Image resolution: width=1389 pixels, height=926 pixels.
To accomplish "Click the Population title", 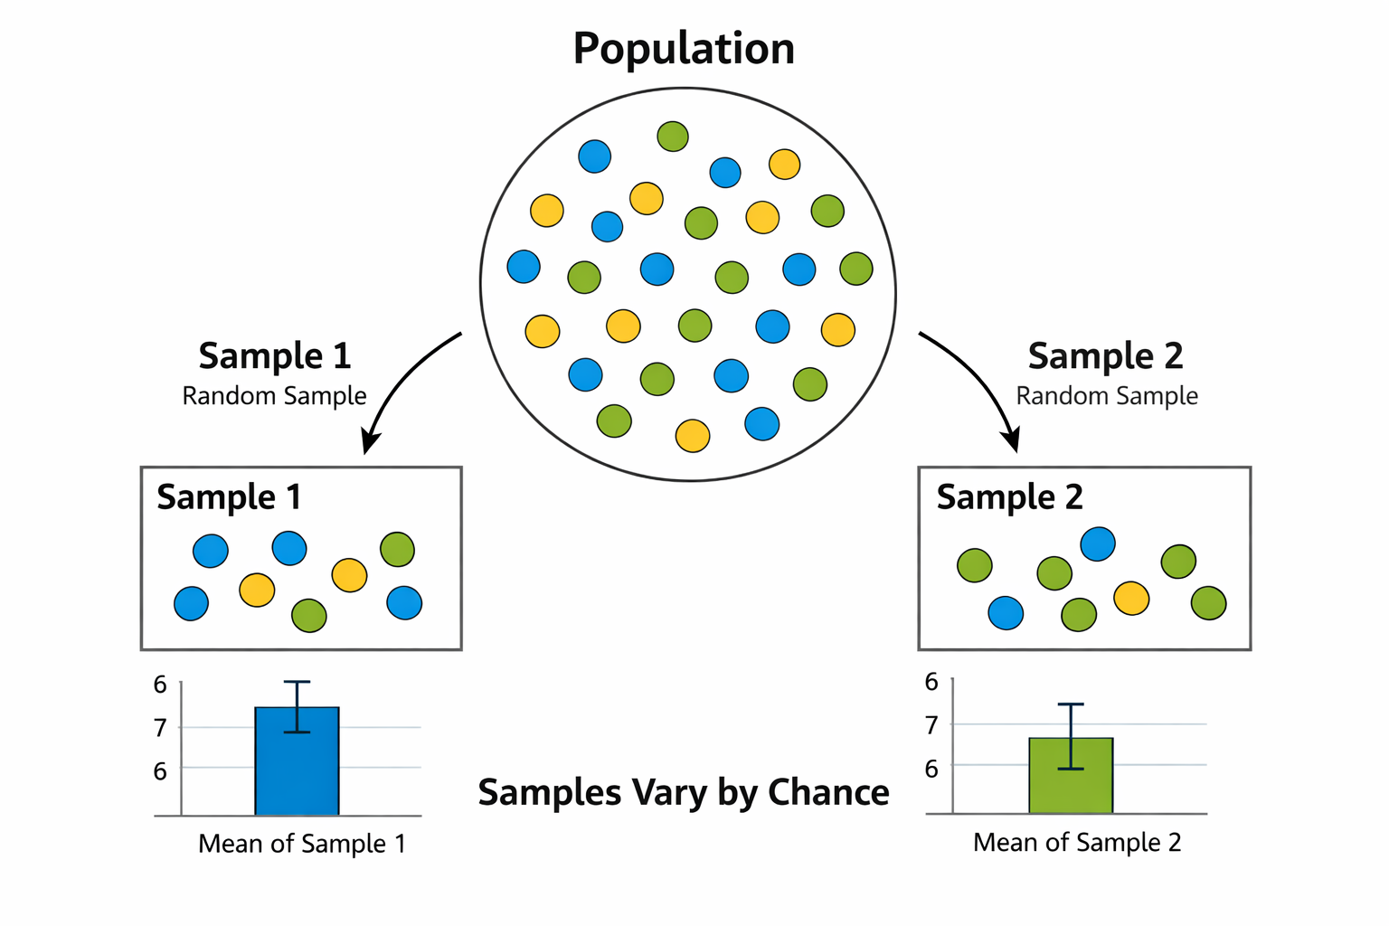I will pos(684,49).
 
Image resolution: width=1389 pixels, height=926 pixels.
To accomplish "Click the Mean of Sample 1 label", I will pos(301,844).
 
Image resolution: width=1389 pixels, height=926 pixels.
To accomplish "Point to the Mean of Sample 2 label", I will pos(1077,843).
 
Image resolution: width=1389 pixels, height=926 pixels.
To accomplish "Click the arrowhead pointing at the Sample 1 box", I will pos(369,443).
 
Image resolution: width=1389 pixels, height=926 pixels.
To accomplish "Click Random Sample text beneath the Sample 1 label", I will pos(274,396).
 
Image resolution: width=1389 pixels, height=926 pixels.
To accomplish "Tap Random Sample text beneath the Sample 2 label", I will pos(1107,396).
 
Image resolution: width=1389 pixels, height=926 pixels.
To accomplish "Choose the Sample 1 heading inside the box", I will pos(229,497).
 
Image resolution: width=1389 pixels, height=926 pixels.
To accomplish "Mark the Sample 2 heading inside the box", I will pos(1009,497).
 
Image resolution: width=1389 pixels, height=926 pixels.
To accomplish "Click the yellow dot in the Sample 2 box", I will pos(1131,598).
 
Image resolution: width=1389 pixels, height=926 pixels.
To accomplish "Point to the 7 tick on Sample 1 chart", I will pos(160,727).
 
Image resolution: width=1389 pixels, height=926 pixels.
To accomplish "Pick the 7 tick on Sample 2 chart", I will pos(931,724).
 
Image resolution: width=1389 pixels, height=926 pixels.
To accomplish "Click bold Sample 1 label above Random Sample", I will pos(274,356).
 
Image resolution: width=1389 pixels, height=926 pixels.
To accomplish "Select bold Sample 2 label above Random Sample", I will pos(1105,356).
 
